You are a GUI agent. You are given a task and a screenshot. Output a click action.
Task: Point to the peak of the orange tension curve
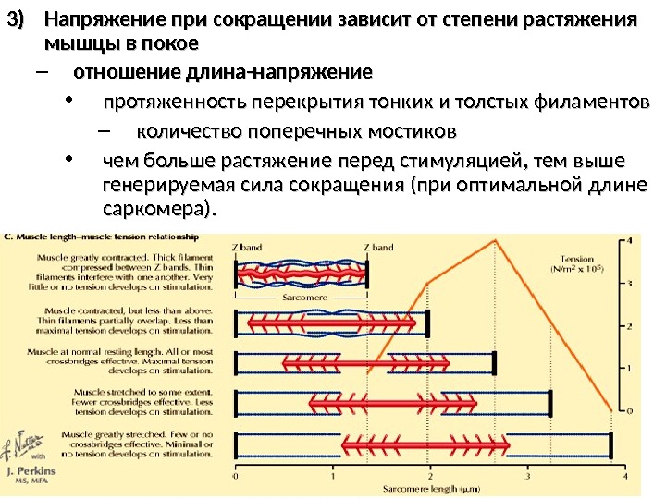(x=497, y=241)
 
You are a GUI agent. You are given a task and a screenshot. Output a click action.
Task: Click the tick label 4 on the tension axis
(x=630, y=241)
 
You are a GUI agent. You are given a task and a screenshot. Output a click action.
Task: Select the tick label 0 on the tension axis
(x=630, y=409)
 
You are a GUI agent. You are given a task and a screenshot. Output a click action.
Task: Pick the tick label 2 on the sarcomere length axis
(x=430, y=478)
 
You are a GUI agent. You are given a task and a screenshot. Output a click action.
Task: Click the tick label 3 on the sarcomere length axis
(x=527, y=478)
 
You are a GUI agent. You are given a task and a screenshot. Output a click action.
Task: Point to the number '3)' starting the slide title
(x=17, y=20)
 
